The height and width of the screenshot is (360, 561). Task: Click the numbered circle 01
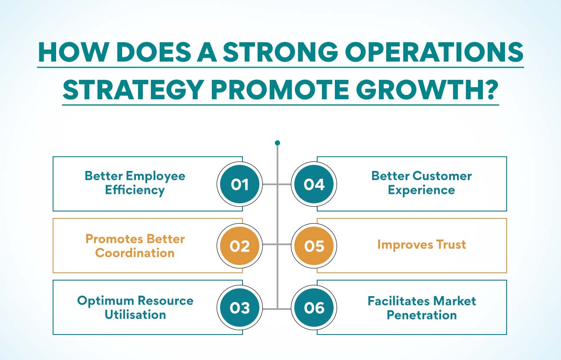(240, 184)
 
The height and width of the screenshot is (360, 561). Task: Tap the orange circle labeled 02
(240, 246)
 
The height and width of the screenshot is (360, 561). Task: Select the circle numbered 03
(240, 308)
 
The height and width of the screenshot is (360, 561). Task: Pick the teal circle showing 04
(314, 184)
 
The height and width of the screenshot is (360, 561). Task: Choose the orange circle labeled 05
(314, 246)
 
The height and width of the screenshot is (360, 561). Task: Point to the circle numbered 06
(314, 308)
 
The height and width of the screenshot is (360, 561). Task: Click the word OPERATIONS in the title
(434, 52)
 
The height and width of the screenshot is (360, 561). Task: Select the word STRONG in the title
(280, 52)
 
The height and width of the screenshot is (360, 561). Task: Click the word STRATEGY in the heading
(133, 90)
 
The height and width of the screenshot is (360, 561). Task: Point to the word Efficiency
(135, 190)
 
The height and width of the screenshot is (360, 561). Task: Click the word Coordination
(135, 253)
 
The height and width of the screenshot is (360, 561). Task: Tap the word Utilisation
(135, 315)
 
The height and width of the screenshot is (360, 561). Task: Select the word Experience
(422, 190)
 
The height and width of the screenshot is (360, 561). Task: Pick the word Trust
(451, 244)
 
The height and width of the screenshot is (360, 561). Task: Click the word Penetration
(422, 315)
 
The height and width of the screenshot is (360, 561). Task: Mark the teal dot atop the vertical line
(277, 143)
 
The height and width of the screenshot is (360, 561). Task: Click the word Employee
(155, 177)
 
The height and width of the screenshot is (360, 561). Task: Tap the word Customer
(442, 176)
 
